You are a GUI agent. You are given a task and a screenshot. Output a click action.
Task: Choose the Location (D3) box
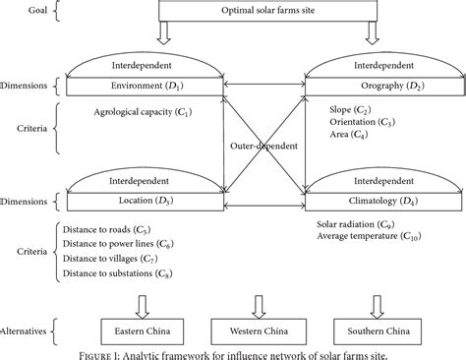[145, 202]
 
